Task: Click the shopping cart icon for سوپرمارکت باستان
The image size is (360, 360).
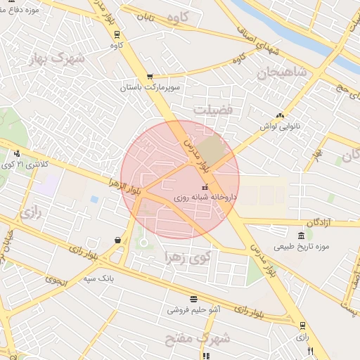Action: click(x=149, y=77)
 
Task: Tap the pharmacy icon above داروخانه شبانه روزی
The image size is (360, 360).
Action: click(x=205, y=187)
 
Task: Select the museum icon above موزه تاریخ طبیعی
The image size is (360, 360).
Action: click(x=301, y=236)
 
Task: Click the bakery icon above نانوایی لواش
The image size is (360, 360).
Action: click(x=281, y=115)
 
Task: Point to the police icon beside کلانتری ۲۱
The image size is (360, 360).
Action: click(x=16, y=153)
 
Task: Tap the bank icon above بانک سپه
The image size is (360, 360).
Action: click(x=117, y=240)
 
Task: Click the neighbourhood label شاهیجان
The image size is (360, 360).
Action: click(x=282, y=72)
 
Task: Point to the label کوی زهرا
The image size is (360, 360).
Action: click(x=187, y=256)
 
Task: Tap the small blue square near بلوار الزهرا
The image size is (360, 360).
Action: click(x=94, y=199)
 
